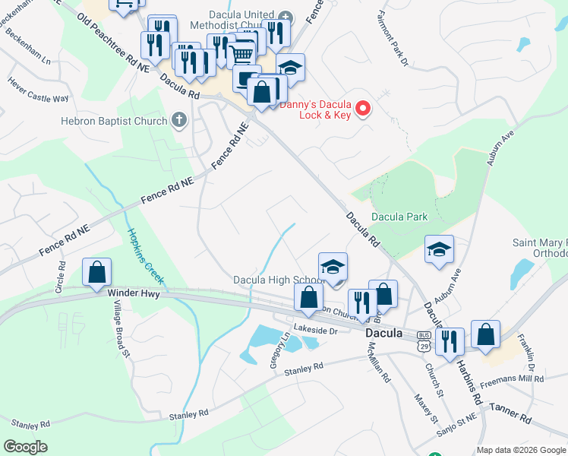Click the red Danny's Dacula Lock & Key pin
363,109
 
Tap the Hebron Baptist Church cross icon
179,120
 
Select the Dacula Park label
399,217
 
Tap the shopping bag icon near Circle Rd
97,273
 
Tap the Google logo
26,446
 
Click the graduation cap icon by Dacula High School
333,268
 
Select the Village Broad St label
121,327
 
